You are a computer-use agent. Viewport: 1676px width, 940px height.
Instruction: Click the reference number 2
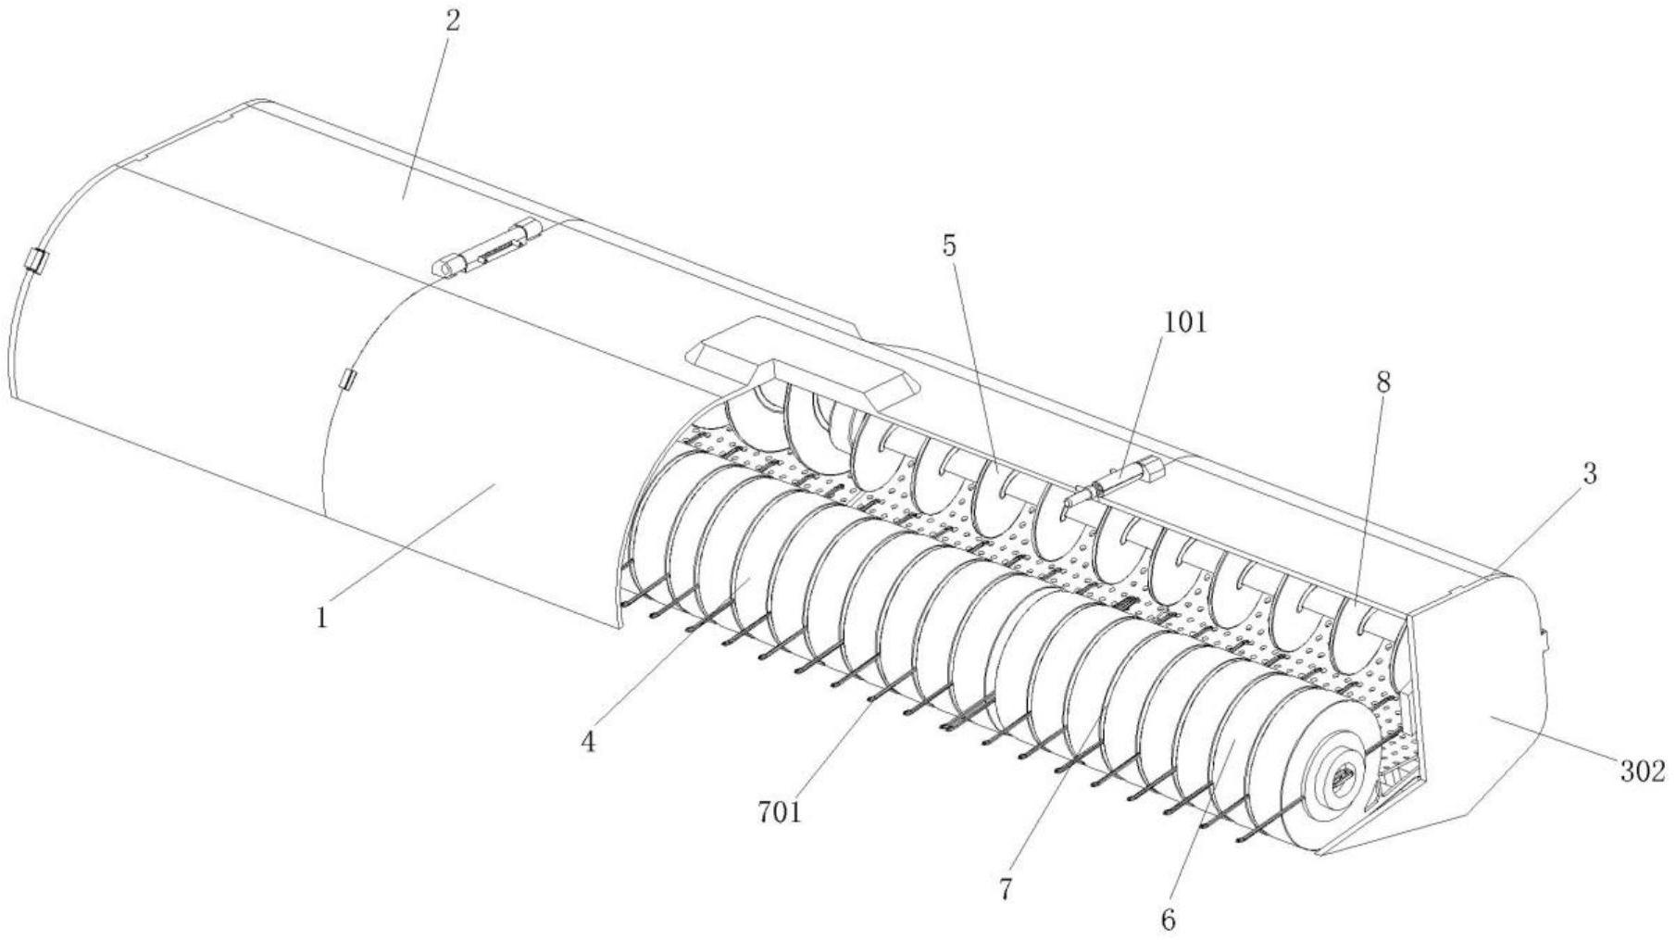[x=451, y=20]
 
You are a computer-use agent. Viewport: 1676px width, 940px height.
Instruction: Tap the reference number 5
[x=950, y=246]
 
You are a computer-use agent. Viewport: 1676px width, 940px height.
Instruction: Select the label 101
[x=1185, y=322]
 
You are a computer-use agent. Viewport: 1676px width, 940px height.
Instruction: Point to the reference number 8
[x=1382, y=382]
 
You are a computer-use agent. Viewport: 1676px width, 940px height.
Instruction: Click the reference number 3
[x=1589, y=474]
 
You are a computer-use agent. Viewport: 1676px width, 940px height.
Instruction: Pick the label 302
[x=1642, y=771]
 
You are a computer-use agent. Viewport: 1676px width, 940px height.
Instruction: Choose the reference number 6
[x=1167, y=920]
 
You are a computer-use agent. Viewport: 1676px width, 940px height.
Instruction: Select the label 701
[x=779, y=813]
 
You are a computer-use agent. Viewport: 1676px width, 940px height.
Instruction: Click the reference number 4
[x=588, y=741]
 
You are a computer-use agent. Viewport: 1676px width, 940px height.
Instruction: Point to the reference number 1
[x=321, y=618]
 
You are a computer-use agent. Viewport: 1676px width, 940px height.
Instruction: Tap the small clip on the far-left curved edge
[x=36, y=260]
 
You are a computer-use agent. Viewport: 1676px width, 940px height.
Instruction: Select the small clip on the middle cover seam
[x=348, y=379]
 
